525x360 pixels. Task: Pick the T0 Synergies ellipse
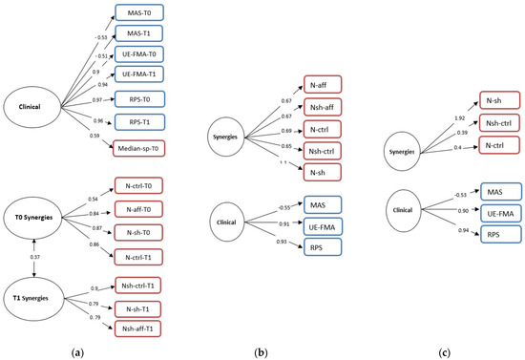pyautogui.click(x=33, y=244)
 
